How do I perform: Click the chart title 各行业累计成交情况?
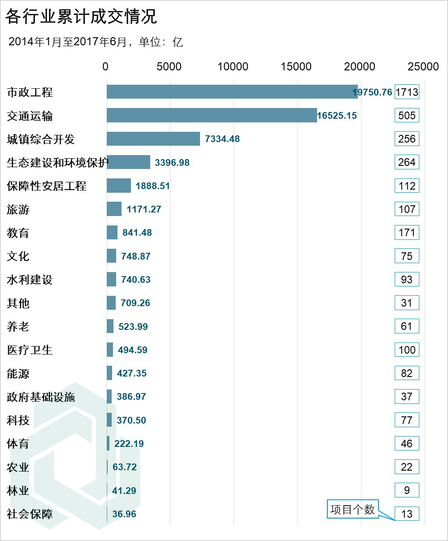81,17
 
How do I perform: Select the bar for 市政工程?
232,92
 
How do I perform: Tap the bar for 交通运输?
212,115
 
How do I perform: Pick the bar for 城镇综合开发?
153,138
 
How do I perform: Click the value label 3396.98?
172,162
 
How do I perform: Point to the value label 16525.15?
337,116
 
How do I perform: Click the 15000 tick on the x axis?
296,66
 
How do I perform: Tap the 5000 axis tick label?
169,66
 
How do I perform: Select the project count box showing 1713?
407,92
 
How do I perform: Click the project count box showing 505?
407,116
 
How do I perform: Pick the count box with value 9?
407,490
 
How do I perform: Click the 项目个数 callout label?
352,510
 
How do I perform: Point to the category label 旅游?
18,209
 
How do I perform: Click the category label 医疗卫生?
30,350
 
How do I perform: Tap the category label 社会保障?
30,514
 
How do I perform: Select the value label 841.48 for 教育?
137,233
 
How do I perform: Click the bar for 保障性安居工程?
119,186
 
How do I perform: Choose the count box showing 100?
407,350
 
